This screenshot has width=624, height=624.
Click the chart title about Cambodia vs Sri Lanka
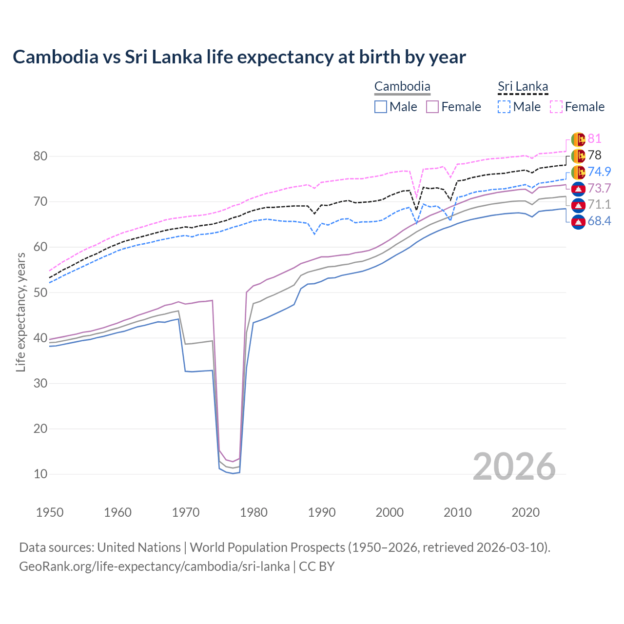tap(239, 57)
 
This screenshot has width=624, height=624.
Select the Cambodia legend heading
tap(402, 87)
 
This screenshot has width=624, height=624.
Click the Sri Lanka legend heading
tap(523, 87)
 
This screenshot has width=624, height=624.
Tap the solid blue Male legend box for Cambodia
tap(381, 107)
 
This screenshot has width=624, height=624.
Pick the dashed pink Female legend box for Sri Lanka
tap(556, 107)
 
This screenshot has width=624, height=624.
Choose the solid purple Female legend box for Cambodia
tap(432, 107)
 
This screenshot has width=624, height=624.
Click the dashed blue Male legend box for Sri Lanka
tap(504, 107)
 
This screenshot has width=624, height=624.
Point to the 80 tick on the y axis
tap(40, 156)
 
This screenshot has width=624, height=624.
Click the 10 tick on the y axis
tap(40, 474)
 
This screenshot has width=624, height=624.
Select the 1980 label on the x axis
tap(254, 512)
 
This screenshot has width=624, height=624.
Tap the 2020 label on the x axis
tap(526, 512)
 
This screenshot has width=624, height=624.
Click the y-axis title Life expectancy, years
tap(20, 312)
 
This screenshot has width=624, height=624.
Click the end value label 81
tap(594, 139)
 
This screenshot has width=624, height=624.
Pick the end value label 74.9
tap(599, 172)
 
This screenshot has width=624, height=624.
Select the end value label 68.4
tap(599, 221)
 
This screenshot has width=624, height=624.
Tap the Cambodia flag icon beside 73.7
tap(578, 189)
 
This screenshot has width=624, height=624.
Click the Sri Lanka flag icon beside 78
tap(578, 156)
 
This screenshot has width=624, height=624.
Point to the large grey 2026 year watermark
tap(514, 467)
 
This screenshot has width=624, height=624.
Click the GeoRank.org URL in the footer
tap(154, 566)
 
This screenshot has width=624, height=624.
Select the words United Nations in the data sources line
tap(139, 547)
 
